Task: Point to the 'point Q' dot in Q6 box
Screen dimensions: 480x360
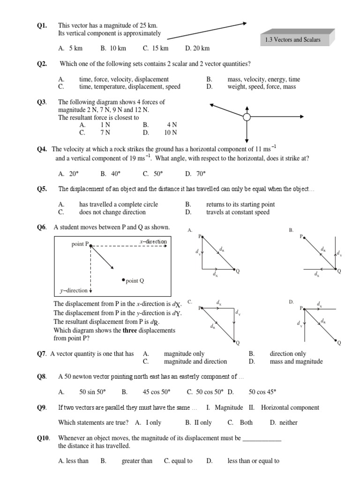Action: pos(123,280)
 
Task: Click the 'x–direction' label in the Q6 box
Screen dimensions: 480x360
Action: pos(153,241)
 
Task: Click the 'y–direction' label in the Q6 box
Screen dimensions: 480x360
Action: pos(74,291)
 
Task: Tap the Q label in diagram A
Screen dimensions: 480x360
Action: pos(238,271)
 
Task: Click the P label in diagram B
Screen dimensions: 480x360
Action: pos(301,236)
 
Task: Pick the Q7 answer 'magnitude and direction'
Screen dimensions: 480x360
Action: pos(195,361)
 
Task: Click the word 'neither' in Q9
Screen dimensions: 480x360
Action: pos(288,422)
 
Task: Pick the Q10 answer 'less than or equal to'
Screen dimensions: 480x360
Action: pos(254,461)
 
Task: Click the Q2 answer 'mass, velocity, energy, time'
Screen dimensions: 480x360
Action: pos(264,79)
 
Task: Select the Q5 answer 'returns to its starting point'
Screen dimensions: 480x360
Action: pos(240,204)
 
